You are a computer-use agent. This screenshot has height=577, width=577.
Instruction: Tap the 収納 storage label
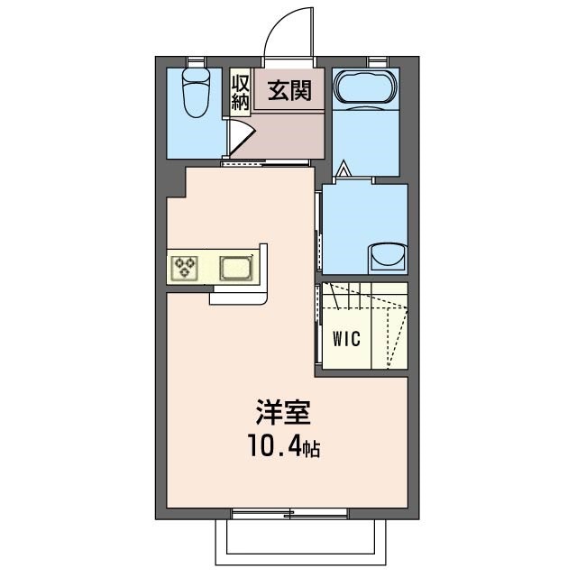click(x=240, y=92)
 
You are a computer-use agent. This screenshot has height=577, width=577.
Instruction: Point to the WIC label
click(x=345, y=339)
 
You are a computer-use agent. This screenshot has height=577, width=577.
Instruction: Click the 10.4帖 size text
click(x=286, y=446)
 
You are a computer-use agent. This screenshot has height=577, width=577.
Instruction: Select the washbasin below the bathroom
click(x=389, y=256)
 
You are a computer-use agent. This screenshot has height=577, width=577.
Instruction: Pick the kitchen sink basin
click(x=237, y=268)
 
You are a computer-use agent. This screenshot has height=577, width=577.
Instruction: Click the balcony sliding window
click(x=289, y=513)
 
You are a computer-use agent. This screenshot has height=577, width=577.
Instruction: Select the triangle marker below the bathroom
click(x=343, y=168)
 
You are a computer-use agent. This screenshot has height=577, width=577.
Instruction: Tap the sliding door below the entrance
click(x=267, y=163)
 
